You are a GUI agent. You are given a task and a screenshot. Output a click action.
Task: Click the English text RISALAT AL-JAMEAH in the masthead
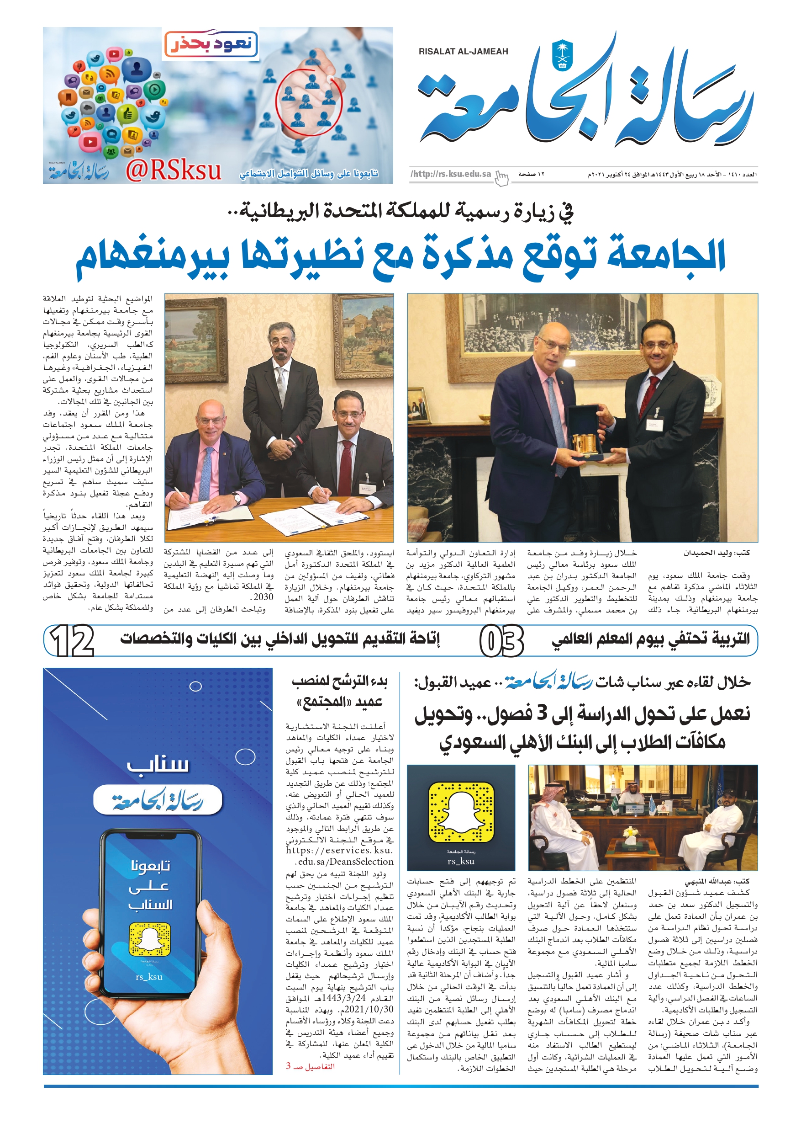click(463, 51)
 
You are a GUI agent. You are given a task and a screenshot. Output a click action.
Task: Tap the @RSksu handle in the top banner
click(173, 170)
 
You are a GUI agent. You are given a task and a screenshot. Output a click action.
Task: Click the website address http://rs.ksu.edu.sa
click(452, 174)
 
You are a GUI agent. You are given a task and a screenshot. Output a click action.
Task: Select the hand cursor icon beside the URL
click(501, 178)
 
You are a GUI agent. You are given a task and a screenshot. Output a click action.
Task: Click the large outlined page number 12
click(72, 641)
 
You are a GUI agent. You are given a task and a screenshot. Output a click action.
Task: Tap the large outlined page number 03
click(501, 641)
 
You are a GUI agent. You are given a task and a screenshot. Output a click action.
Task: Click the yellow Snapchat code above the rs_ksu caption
click(461, 811)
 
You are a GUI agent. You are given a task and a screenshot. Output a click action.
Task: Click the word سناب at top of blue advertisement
click(158, 765)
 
